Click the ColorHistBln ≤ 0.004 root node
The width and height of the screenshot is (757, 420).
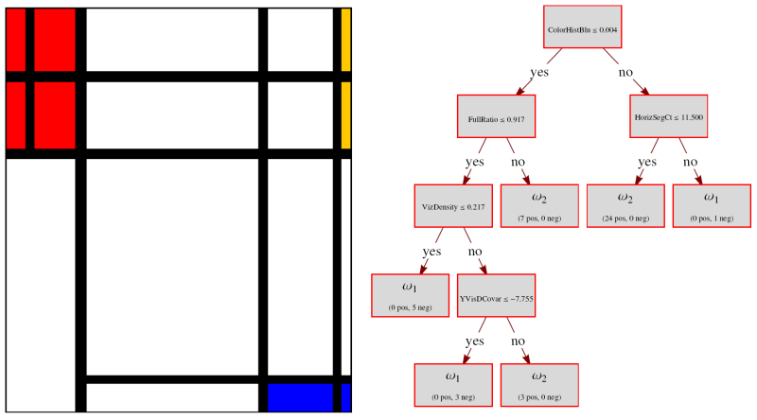point(583,29)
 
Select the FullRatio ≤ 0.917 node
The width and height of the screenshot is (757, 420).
point(496,119)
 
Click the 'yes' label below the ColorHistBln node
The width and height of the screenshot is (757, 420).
point(539,72)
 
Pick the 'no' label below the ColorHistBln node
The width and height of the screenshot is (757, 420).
point(625,72)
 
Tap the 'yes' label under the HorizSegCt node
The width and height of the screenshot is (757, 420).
point(647,162)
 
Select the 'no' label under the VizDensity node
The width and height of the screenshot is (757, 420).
point(475,252)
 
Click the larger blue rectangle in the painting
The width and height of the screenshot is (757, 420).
point(301,397)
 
